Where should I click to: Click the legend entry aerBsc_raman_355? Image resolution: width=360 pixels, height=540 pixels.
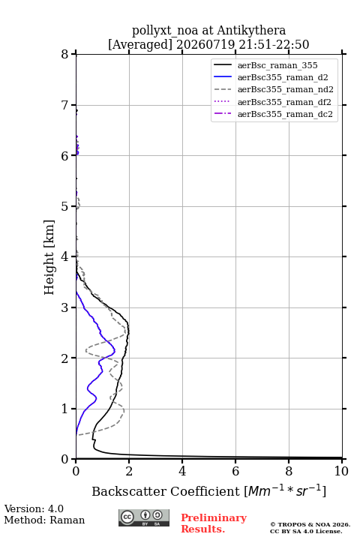point(277,65)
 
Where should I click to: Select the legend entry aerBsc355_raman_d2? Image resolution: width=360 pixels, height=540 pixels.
point(283,77)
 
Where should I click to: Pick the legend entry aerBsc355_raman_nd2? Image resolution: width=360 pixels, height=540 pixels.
point(285,89)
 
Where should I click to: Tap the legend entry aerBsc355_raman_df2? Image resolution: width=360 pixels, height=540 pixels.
point(283,102)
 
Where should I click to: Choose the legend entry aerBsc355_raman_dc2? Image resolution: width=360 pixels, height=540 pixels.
point(285,114)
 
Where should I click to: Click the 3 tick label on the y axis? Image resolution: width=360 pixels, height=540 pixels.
point(65,307)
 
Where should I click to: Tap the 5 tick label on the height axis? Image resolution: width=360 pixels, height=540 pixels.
point(65,206)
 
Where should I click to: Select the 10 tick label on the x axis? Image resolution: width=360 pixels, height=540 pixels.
point(341,471)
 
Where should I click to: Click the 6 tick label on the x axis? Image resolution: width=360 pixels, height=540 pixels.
point(235,471)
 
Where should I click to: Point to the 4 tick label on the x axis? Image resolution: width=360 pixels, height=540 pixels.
point(182,471)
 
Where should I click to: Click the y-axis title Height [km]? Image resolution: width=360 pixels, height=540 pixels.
point(49,257)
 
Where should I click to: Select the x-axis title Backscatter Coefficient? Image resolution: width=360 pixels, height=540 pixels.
point(165,491)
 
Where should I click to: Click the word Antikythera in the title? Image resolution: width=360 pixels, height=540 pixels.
point(251,30)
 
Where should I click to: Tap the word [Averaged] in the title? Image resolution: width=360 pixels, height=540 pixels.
point(139,44)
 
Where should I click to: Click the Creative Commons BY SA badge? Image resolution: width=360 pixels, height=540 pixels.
point(144,517)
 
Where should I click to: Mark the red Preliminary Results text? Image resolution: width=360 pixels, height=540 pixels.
point(214,523)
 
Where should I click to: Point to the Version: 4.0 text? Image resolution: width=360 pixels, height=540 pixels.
point(34,508)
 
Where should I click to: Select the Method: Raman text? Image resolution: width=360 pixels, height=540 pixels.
point(44,520)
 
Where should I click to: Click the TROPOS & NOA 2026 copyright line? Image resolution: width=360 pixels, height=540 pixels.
point(310,524)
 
